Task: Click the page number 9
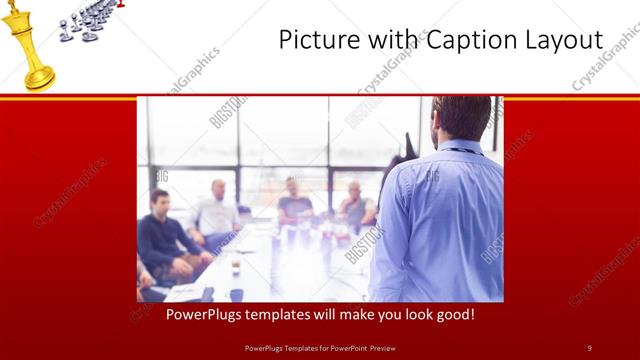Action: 589,348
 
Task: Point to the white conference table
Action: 290,265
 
